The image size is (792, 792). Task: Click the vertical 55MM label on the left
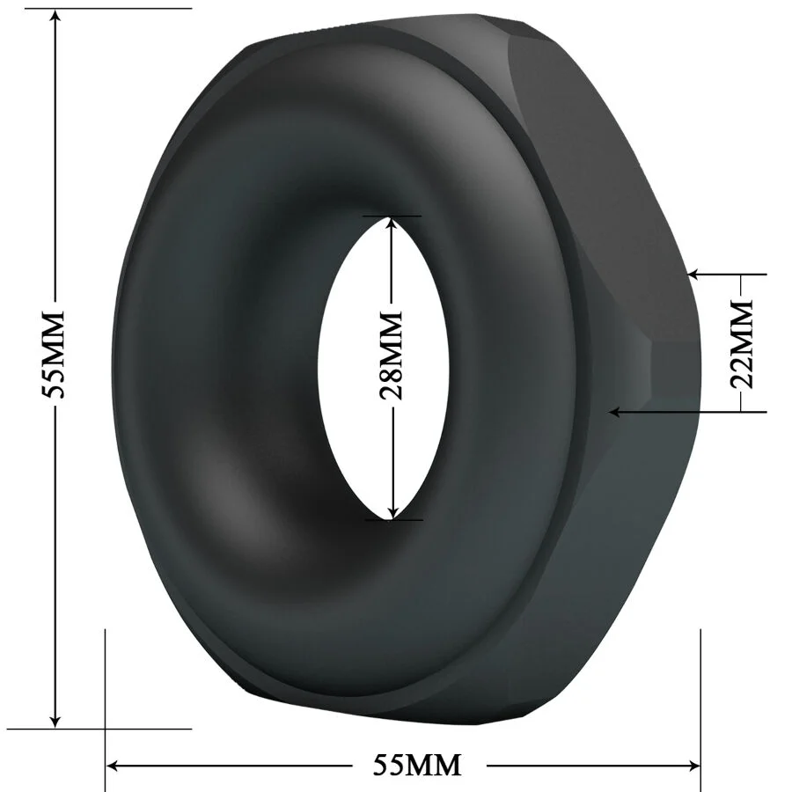(55, 354)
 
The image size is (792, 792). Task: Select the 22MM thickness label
(743, 343)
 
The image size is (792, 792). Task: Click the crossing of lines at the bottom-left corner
(106, 729)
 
